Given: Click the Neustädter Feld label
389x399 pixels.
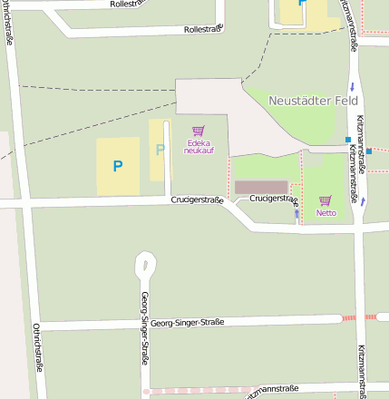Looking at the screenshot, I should (313, 101).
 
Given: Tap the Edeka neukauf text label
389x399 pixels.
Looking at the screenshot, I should (199, 146).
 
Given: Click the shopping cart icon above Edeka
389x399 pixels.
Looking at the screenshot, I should (198, 131).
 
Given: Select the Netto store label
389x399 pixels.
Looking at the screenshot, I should (326, 213).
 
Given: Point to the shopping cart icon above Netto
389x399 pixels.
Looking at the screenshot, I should (325, 200).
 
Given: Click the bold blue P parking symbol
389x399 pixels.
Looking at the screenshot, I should (117, 166).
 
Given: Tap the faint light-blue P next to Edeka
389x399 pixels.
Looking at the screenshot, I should (160, 150).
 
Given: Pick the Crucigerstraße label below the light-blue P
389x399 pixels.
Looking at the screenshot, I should (196, 199).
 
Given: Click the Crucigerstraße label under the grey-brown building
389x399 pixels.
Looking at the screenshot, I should (274, 197).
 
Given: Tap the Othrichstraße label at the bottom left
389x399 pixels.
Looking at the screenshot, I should (38, 348).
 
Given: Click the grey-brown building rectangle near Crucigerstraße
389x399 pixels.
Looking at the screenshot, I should (260, 187).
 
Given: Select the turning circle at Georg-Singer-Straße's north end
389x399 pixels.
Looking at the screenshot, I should (145, 265).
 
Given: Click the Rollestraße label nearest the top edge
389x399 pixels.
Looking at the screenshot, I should (128, 4).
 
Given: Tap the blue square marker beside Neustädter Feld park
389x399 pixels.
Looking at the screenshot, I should (347, 140).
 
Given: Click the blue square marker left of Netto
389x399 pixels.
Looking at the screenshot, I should (297, 215).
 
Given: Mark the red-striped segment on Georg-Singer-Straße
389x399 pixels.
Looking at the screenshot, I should (358, 317).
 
